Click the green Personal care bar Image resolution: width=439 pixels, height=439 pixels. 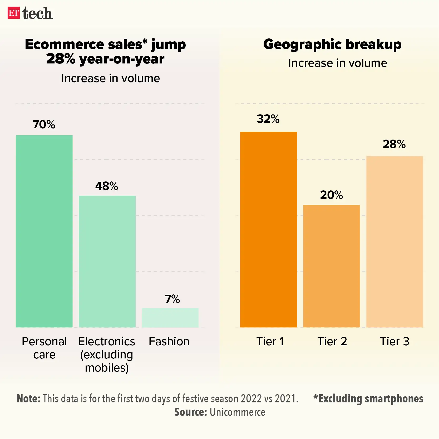click(x=44, y=231)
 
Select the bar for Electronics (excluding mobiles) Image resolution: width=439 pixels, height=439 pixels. click(x=107, y=261)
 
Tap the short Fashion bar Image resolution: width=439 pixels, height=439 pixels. click(x=170, y=318)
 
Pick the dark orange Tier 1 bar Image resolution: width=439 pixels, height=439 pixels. click(x=268, y=229)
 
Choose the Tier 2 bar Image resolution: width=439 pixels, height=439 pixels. click(x=332, y=266)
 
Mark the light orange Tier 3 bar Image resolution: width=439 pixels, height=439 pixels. click(x=394, y=241)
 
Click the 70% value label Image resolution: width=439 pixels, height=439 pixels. click(x=44, y=124)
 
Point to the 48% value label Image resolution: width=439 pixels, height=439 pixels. click(x=107, y=186)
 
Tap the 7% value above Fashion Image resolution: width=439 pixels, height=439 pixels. click(x=172, y=299)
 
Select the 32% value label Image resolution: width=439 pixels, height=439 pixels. click(x=268, y=119)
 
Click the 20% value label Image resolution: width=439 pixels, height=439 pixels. click(x=332, y=195)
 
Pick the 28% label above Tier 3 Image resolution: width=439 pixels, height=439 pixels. click(x=394, y=144)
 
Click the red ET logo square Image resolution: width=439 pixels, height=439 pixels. click(x=14, y=13)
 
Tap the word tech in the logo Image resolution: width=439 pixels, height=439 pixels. click(x=37, y=14)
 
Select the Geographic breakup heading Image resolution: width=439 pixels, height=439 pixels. click(x=332, y=44)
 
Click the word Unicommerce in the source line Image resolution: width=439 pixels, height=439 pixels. click(x=237, y=412)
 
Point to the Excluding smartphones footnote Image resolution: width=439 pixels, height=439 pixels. click(x=368, y=399)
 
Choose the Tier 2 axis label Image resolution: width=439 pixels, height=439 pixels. click(x=332, y=341)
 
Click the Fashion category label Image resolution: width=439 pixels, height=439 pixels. click(x=169, y=341)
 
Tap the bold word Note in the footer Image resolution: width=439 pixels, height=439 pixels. click(x=28, y=399)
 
